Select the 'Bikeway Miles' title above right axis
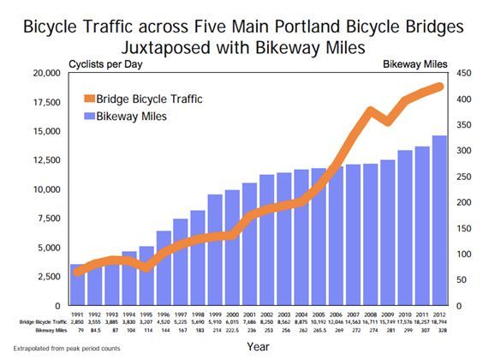414,63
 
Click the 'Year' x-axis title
258,346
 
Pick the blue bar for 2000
231,248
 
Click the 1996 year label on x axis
163,314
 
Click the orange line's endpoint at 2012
439,86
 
